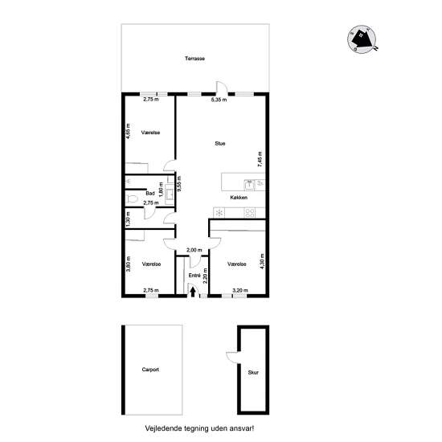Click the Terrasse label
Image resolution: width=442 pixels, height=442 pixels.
194,59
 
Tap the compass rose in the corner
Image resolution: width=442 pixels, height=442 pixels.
362,39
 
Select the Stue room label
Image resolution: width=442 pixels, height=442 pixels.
220,144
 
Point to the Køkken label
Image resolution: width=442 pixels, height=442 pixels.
239,198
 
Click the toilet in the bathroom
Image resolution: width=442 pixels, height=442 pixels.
132,198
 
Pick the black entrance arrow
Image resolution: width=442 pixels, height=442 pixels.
193,292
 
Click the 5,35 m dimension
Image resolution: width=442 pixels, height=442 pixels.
219,100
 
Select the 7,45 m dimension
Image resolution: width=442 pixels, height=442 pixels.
260,159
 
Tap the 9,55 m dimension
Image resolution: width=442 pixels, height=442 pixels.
178,184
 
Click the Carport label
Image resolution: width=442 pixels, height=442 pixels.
150,370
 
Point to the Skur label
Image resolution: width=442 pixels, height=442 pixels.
253,372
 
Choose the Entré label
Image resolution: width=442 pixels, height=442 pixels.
194,276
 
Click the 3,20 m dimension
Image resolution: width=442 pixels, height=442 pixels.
240,290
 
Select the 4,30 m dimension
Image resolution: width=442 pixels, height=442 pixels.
262,262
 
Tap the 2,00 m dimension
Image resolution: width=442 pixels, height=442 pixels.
194,250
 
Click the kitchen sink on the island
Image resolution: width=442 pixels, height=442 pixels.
249,185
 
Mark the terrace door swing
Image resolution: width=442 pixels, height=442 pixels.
222,87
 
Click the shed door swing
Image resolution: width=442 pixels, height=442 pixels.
232,358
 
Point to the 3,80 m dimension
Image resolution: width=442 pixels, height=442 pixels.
129,264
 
